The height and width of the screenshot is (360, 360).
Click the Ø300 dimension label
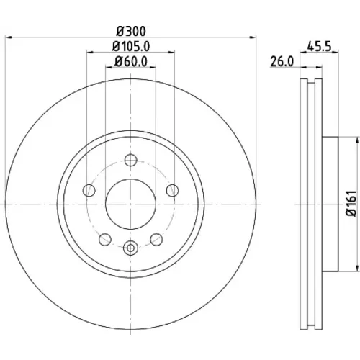point(131,31)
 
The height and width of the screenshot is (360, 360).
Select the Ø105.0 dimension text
point(131,47)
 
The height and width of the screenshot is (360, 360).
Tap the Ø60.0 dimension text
point(131,62)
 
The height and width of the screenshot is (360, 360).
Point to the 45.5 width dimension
point(319,46)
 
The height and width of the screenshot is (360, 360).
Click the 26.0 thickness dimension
point(282,62)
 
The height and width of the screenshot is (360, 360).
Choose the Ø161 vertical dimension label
point(351,204)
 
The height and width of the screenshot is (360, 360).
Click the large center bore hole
point(131,204)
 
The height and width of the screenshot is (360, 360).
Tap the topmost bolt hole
point(131,160)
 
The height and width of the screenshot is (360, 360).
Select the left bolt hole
point(89,191)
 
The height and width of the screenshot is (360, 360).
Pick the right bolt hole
point(173,191)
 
